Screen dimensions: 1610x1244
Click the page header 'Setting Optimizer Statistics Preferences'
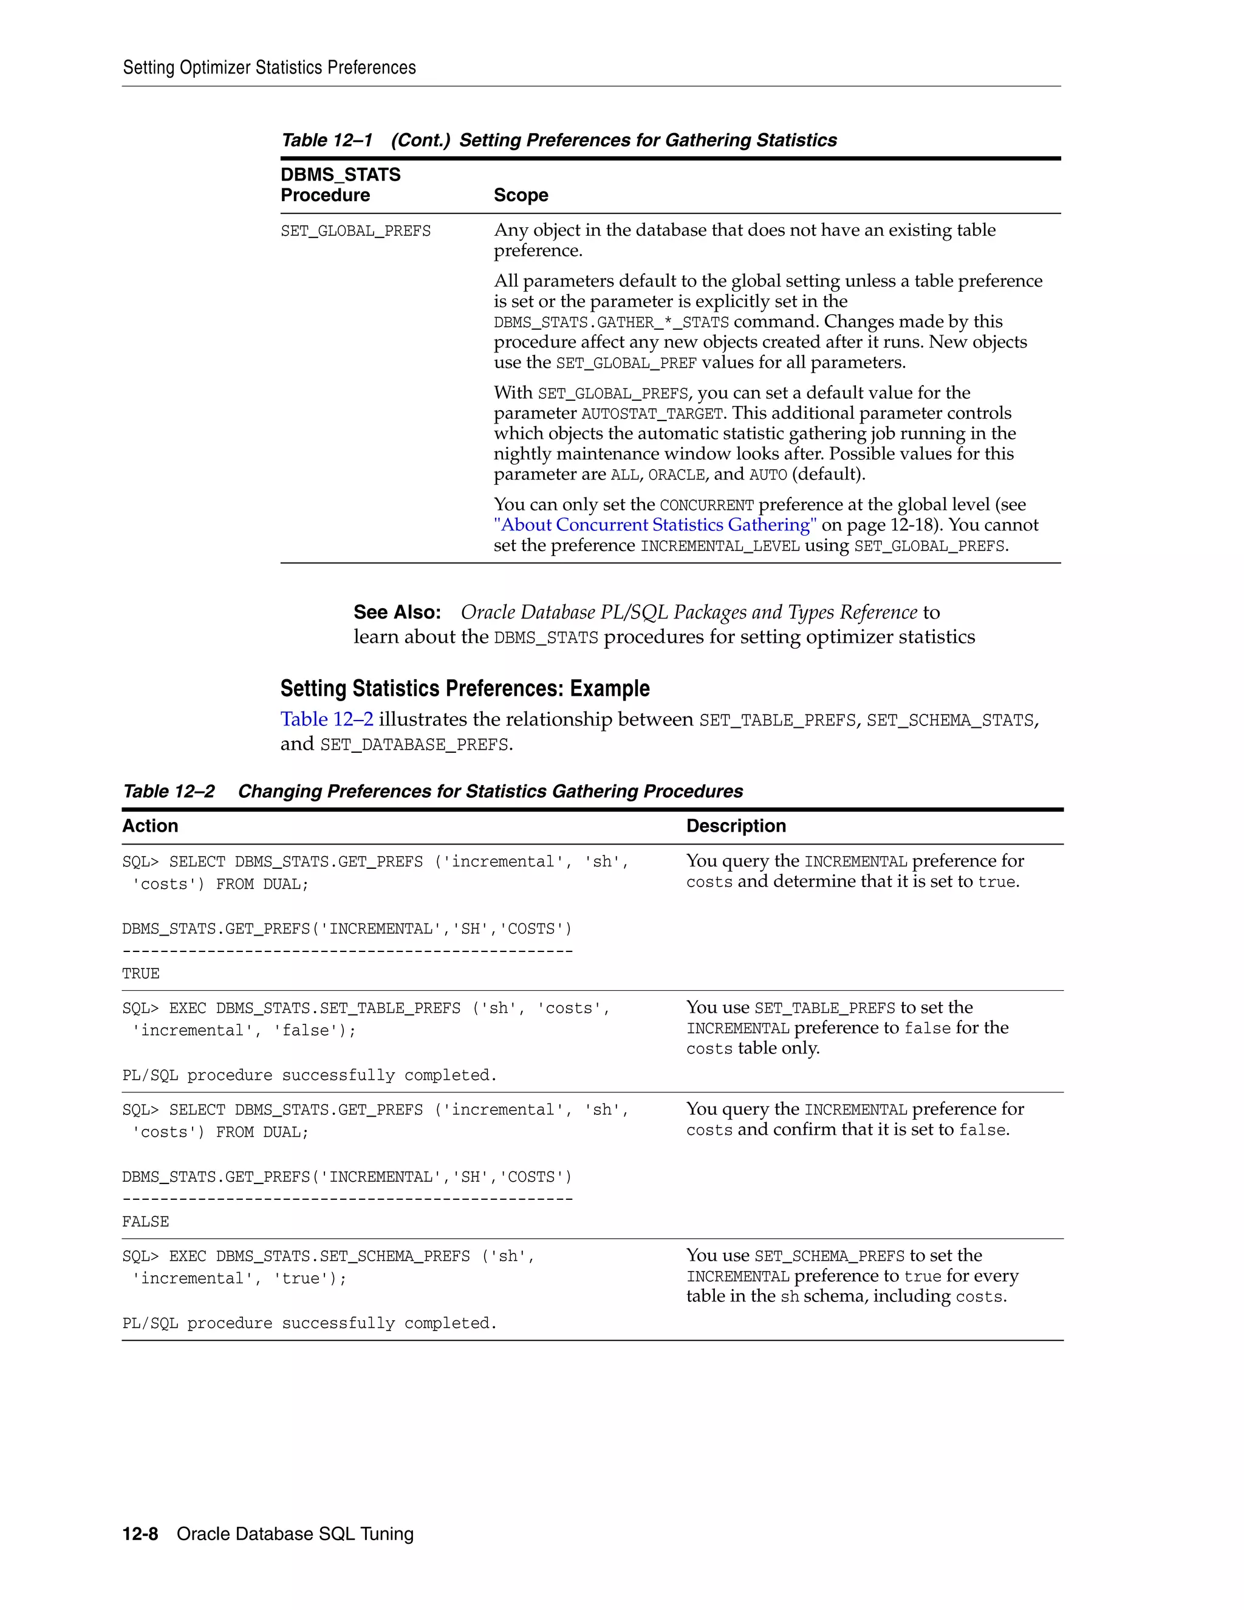[269, 68]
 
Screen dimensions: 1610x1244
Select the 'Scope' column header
[521, 196]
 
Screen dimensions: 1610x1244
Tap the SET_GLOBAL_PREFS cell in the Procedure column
[355, 231]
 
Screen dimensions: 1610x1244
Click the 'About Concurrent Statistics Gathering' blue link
[654, 525]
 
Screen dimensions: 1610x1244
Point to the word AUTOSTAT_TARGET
[652, 414]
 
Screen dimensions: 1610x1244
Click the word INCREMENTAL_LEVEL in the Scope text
[719, 546]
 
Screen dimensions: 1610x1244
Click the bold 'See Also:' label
[397, 612]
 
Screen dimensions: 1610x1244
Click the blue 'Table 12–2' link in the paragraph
[326, 719]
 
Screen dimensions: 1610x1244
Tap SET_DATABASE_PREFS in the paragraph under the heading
[414, 745]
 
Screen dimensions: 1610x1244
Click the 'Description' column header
[736, 826]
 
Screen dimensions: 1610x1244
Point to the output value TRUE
[141, 974]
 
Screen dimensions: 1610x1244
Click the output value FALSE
[145, 1222]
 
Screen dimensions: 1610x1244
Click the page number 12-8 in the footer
[140, 1534]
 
